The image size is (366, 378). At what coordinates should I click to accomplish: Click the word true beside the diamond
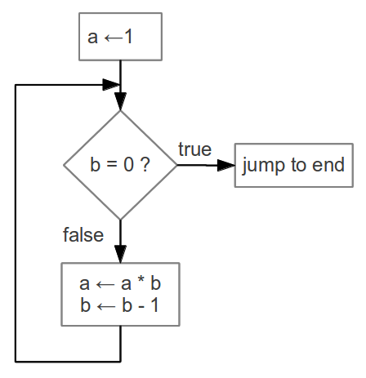point(195,149)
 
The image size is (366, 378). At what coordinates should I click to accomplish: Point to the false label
point(83,234)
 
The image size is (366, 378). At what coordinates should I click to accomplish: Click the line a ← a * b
point(120,283)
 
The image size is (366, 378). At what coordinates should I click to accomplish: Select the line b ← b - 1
point(119,305)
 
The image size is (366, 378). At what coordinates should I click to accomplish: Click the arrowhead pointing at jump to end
point(226,165)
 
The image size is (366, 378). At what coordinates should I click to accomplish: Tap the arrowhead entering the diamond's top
point(120,101)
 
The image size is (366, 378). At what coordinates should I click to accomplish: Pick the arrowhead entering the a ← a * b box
point(120,254)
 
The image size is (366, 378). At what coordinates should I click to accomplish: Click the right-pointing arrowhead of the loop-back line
point(111,85)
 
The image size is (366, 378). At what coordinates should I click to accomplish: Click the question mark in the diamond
point(145,164)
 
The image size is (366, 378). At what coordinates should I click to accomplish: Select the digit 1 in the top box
point(128,37)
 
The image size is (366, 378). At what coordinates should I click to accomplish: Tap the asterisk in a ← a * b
point(141,281)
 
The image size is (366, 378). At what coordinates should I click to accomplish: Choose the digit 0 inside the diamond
point(128,165)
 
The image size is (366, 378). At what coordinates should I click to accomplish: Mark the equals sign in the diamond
point(112,165)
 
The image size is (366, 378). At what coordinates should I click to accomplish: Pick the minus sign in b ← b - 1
point(141,307)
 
